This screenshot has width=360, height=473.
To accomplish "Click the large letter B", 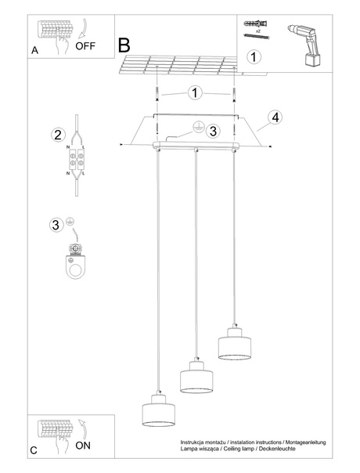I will (x=124, y=45).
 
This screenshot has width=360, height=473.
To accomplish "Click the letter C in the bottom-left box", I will (x=34, y=450).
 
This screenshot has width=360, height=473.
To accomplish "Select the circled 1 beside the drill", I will (x=253, y=56).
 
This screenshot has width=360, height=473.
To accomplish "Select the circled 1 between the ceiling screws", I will (x=194, y=93).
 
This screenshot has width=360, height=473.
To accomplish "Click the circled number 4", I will (x=273, y=117).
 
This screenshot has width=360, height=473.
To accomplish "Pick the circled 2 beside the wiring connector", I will (x=57, y=135).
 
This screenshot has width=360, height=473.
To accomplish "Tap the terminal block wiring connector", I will (x=78, y=159).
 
